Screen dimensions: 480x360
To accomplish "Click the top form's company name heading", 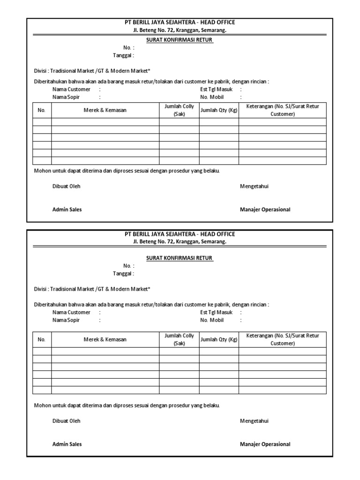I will [180, 22].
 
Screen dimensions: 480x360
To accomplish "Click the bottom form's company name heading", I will [180, 234].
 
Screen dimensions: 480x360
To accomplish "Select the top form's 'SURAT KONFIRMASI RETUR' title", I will [180, 40].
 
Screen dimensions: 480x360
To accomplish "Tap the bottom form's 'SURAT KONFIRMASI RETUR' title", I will [180, 258].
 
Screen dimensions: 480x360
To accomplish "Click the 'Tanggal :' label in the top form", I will [123, 55].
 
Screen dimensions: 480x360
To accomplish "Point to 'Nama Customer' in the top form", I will [71, 89].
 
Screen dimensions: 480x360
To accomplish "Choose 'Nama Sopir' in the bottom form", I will [66, 320].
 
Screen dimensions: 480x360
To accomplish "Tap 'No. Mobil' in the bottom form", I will [212, 320].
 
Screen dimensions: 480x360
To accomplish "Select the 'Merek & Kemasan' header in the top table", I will [105, 110].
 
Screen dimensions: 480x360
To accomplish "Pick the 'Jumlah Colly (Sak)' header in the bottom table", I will [179, 339].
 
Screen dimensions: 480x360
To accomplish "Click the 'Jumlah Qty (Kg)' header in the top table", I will [219, 110].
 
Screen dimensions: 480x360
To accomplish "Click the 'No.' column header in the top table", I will [42, 110].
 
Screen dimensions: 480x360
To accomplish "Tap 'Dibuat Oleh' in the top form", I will [66, 186].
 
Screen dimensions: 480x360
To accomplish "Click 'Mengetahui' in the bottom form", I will [254, 421].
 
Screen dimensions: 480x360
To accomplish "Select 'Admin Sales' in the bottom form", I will [67, 444].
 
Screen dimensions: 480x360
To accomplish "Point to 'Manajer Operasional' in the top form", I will [265, 210].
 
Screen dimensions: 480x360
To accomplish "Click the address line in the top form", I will [180, 30].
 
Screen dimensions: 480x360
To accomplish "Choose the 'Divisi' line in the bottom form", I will [92, 289].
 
